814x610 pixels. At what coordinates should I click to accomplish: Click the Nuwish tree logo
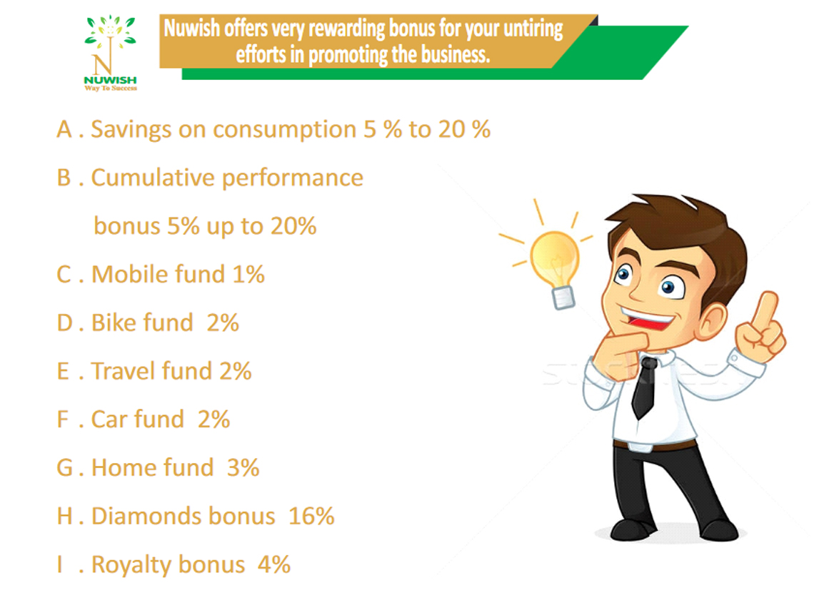tap(110, 53)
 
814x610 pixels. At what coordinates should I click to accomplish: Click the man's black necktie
tap(644, 387)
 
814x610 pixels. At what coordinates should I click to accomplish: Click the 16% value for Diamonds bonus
tap(311, 516)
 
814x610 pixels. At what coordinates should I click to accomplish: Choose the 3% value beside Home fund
tap(243, 468)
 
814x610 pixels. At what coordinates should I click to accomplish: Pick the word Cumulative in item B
tap(153, 178)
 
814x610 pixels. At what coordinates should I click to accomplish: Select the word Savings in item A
tap(131, 130)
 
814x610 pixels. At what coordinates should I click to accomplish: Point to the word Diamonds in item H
tap(146, 516)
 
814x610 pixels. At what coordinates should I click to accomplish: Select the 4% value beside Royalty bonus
tap(274, 564)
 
